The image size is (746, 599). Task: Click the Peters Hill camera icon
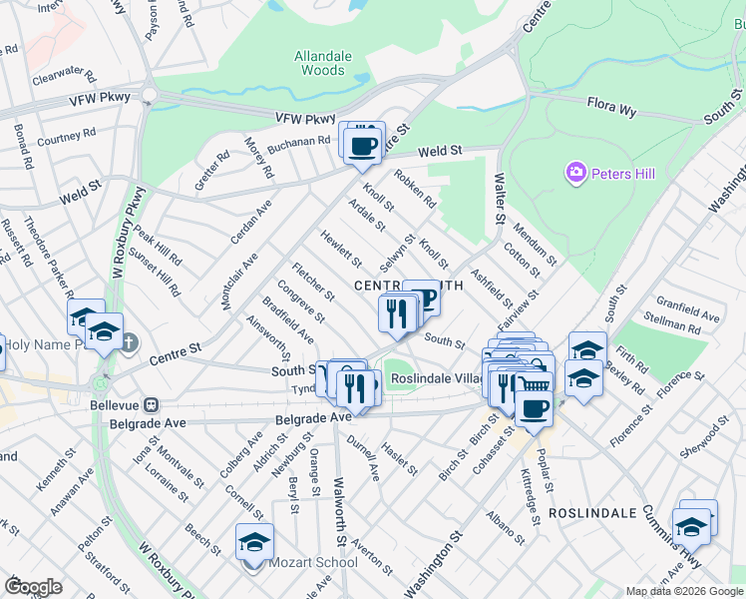pos(575,174)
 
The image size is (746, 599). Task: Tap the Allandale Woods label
pos(323,64)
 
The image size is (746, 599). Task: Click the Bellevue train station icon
pos(152,406)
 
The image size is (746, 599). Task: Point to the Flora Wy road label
pos(611,108)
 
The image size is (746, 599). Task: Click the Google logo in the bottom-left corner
pos(33,586)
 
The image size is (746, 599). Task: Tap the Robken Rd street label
pos(416,188)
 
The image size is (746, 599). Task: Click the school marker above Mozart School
pos(254,542)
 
